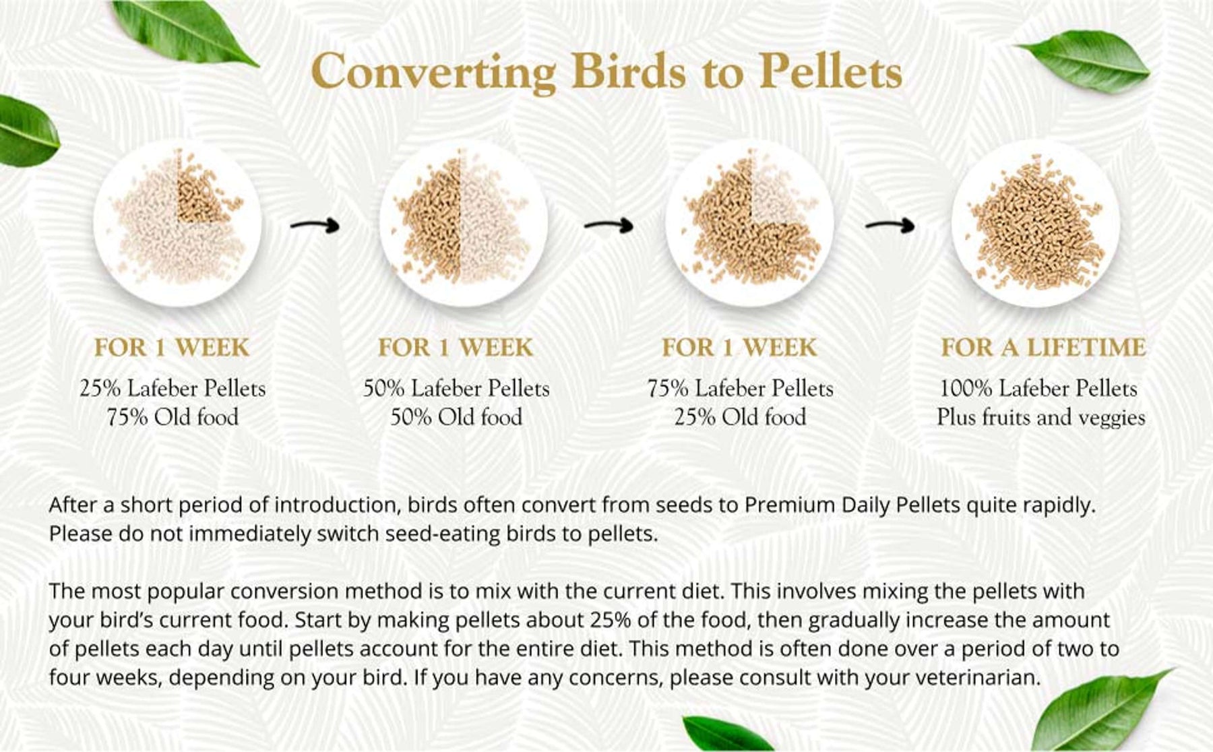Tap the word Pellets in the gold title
click(x=830, y=70)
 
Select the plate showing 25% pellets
click(x=178, y=223)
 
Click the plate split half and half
click(x=464, y=223)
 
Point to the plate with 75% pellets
click(x=750, y=223)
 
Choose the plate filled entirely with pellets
click(x=1036, y=223)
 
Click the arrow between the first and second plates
click(x=315, y=225)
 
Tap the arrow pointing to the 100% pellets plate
click(x=890, y=225)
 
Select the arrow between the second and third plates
click(x=609, y=225)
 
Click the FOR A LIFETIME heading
click(x=1043, y=348)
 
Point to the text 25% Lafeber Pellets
click(x=173, y=388)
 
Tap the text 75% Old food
click(x=173, y=417)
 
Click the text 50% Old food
click(x=456, y=417)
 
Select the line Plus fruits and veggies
click(x=1040, y=417)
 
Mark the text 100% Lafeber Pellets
click(x=1038, y=388)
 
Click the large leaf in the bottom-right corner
click(x=1100, y=710)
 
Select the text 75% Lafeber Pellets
click(x=741, y=388)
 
